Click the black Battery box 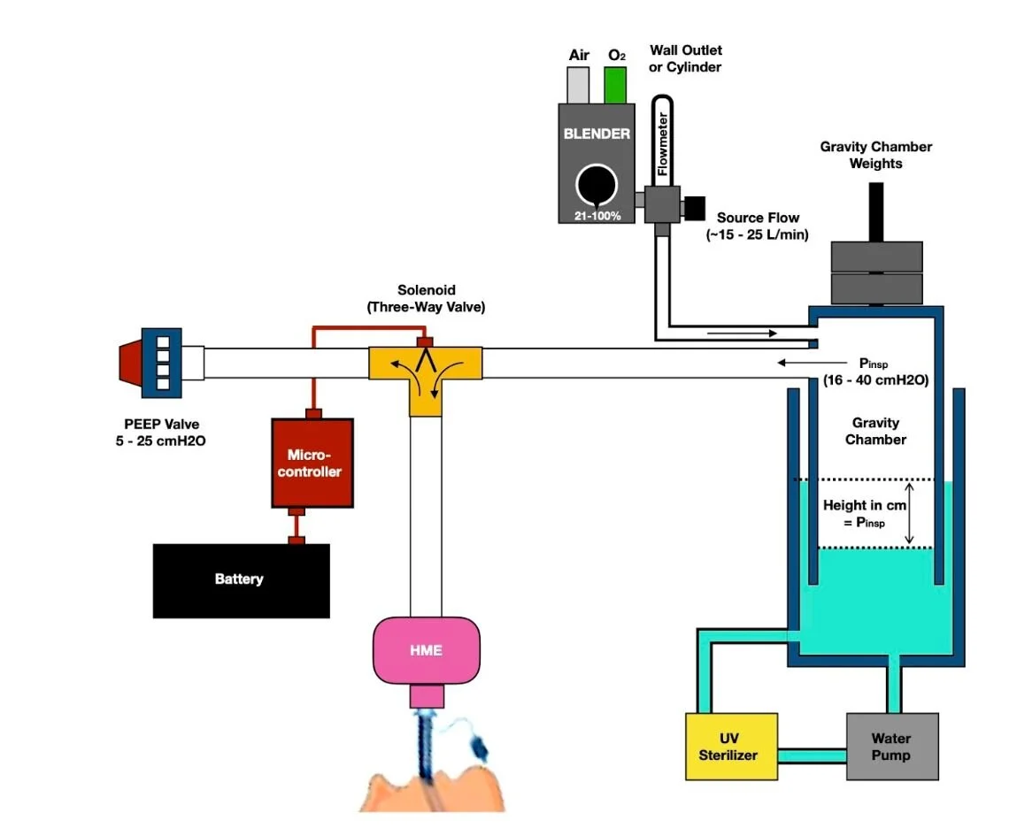[x=242, y=581]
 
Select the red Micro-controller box [x=312, y=463]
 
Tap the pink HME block [x=426, y=650]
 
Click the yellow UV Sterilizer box [x=732, y=747]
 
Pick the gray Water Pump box [x=892, y=747]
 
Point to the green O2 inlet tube [x=615, y=85]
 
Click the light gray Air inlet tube [x=578, y=85]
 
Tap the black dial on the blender [x=596, y=185]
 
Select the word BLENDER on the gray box [x=597, y=134]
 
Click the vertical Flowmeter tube [x=662, y=141]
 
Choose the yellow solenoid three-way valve [x=426, y=375]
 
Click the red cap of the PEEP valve [x=130, y=363]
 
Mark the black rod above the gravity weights [x=876, y=212]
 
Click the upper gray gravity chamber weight [x=877, y=257]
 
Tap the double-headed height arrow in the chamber [x=909, y=513]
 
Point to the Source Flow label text [x=758, y=226]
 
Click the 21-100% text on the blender [x=597, y=216]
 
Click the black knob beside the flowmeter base [x=695, y=208]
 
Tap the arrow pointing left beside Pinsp [x=812, y=363]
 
